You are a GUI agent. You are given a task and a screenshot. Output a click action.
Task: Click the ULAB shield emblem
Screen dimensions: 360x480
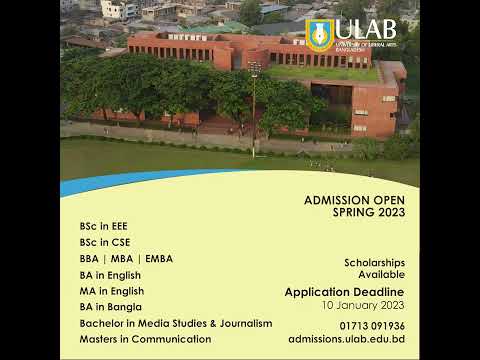(320, 34)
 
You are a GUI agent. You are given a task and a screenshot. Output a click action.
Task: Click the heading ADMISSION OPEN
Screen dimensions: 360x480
(354, 200)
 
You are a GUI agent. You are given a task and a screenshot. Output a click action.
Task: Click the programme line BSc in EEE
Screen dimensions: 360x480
(104, 225)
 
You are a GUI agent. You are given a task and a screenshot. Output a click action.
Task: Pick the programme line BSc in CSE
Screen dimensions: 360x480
(105, 242)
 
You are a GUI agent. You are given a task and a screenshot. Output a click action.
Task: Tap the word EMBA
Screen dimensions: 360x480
(159, 258)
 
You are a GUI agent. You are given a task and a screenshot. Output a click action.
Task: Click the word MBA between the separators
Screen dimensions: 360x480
(126, 258)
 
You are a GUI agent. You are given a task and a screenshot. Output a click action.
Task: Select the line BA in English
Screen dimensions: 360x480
(110, 274)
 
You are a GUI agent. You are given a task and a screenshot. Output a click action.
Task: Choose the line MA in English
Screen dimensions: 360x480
(110, 290)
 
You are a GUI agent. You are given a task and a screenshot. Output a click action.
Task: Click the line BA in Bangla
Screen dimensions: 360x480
(110, 306)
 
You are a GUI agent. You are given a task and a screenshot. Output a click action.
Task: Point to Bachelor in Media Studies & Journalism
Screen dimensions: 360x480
(176, 323)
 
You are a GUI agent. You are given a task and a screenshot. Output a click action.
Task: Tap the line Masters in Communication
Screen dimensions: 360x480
(145, 339)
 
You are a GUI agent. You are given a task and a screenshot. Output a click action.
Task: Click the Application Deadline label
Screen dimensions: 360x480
(344, 291)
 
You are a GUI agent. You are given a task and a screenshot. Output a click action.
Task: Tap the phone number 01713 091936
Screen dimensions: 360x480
(371, 325)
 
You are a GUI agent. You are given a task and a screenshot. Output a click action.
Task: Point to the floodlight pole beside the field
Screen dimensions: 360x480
(255, 100)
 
